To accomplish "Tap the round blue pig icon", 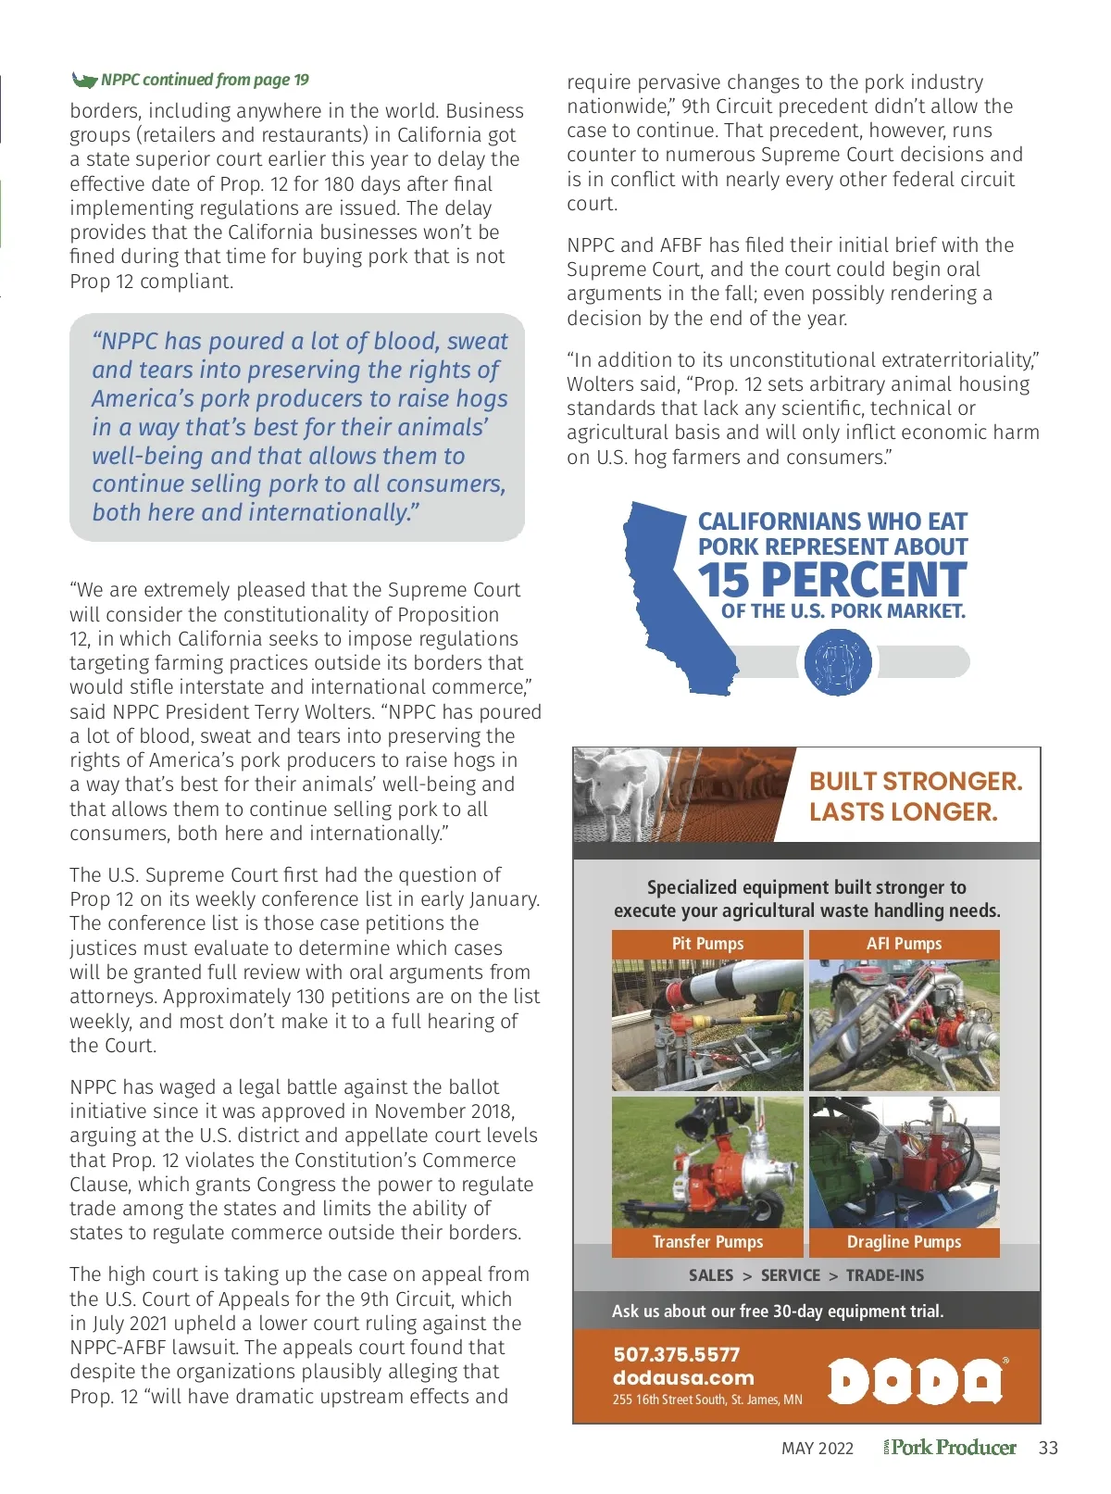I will click(837, 662).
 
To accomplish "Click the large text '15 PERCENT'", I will click(832, 581).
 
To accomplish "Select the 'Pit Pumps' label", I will click(707, 944).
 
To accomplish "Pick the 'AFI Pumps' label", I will click(904, 944).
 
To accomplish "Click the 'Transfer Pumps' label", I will click(707, 1242).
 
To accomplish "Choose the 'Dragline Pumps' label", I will click(904, 1242).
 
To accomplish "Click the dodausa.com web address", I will click(683, 1377).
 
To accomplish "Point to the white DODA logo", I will click(915, 1381).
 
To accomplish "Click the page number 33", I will click(1048, 1449).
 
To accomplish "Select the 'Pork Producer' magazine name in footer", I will click(954, 1448).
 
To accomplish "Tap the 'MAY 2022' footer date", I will click(818, 1449).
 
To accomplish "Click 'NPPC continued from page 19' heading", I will click(205, 80).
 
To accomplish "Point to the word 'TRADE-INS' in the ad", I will click(884, 1275).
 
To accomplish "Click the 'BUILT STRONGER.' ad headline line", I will click(916, 781).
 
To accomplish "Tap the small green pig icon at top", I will click(84, 80).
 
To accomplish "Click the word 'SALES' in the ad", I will click(711, 1275).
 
